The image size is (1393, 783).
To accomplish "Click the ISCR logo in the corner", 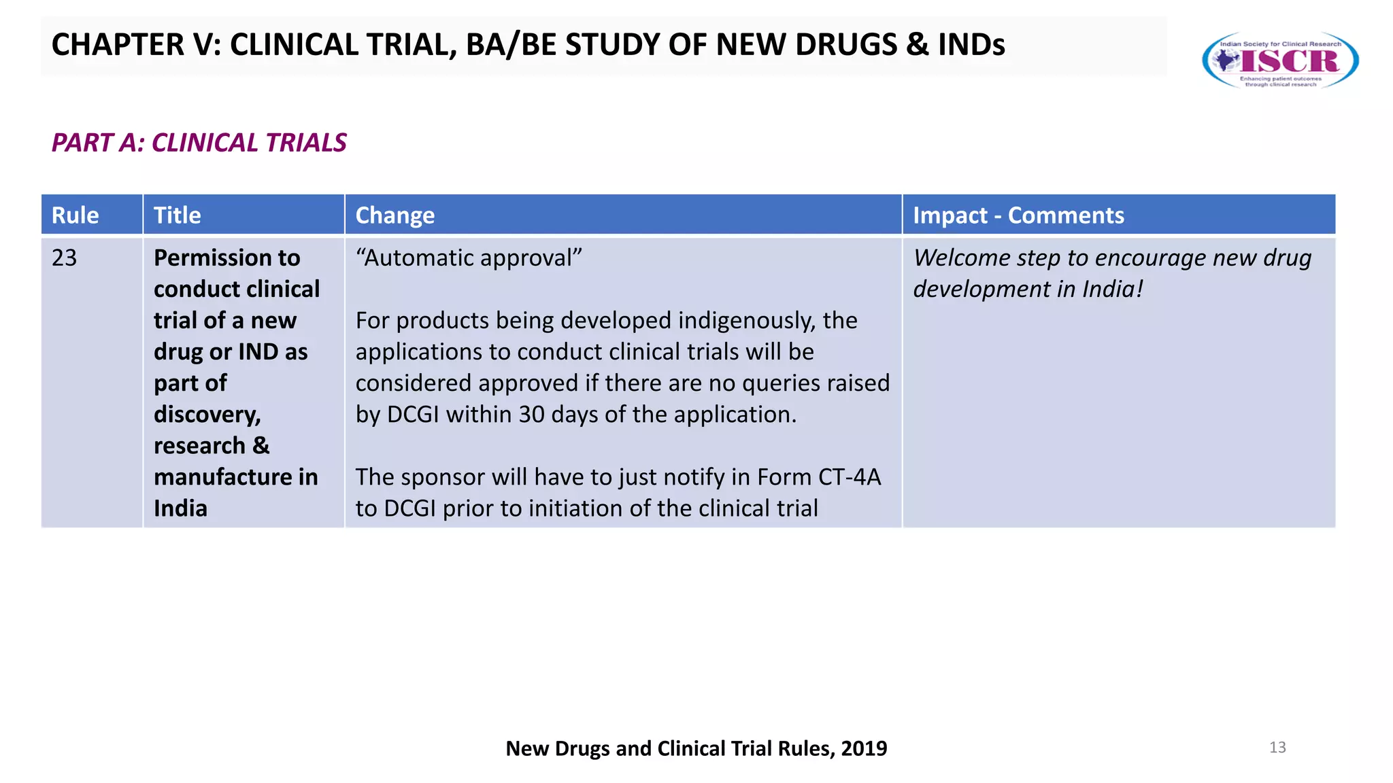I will click(x=1280, y=60).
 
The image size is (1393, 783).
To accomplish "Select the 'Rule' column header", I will click(x=75, y=215).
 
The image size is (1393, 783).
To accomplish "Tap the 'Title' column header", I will click(x=178, y=215).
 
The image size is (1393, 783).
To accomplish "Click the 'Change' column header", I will click(x=395, y=215).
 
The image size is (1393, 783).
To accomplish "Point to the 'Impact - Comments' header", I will click(x=1018, y=215).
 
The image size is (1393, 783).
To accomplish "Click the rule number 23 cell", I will click(x=65, y=258).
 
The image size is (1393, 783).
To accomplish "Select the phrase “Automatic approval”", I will click(x=469, y=258).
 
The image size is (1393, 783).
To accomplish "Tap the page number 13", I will click(x=1277, y=748).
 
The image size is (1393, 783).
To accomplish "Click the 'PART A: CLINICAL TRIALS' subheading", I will click(x=199, y=143).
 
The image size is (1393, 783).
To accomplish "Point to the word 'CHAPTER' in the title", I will click(x=118, y=45).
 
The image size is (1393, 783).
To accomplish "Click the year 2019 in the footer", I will click(x=864, y=748).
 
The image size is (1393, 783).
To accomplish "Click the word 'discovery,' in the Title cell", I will click(x=207, y=415).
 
